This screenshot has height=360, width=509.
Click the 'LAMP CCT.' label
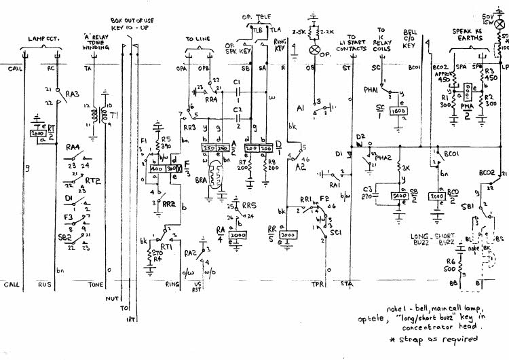[42, 39]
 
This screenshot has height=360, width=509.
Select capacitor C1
[236, 92]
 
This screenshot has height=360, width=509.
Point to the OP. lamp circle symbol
[314, 51]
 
